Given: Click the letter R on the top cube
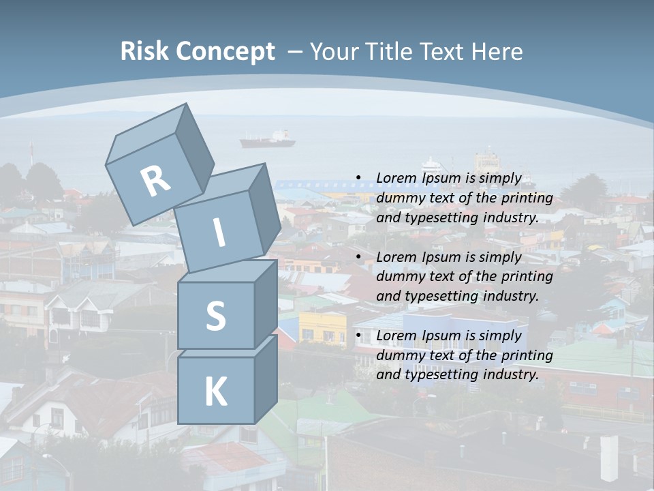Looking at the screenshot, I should pos(155,181).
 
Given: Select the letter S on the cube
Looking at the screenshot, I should pos(215,316).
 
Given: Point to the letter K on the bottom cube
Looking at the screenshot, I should pos(215,391).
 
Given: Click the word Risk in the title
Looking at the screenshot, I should pos(144,51).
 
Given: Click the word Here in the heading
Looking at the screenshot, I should pos(495,51).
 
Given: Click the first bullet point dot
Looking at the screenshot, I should pos(358,179).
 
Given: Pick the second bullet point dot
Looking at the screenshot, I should pos(358,257).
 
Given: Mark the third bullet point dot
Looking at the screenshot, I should pos(358,336).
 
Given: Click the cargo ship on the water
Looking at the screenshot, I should pos(267,140).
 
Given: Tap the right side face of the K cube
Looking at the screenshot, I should pos(266,378).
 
